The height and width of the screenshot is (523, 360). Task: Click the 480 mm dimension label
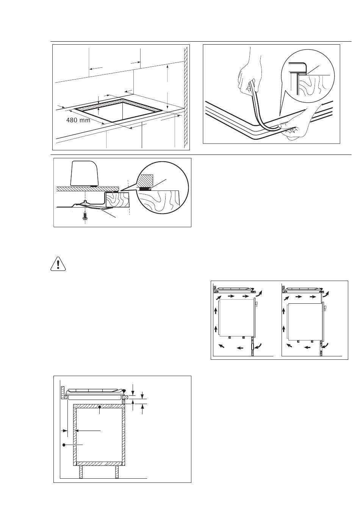click(x=78, y=120)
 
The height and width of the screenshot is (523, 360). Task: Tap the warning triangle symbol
click(x=58, y=264)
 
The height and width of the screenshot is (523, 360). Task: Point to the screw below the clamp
click(x=85, y=215)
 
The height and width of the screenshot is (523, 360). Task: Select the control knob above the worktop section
click(x=85, y=173)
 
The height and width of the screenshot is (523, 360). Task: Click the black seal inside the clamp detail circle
click(x=144, y=189)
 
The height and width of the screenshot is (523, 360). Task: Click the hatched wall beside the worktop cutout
click(x=186, y=98)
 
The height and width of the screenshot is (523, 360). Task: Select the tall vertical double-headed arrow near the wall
click(x=167, y=88)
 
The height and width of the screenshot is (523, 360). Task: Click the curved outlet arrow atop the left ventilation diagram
click(x=259, y=294)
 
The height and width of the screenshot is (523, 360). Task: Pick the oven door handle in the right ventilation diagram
click(x=326, y=307)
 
